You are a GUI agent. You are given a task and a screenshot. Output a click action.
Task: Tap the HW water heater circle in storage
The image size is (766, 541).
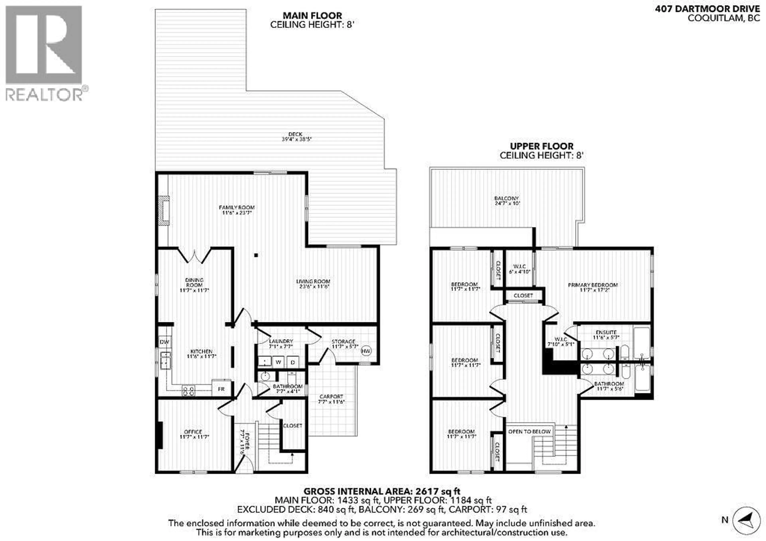click(x=366, y=351)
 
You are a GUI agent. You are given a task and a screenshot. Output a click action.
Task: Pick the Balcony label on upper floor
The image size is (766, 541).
click(x=507, y=201)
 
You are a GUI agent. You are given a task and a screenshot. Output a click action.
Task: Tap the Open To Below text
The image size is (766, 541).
click(x=529, y=431)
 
